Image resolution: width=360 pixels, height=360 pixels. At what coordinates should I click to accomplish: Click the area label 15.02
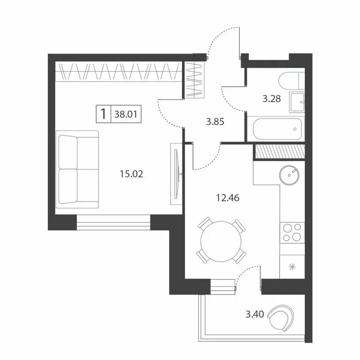click(131, 175)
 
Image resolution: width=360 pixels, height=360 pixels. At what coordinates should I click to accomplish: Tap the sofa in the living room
click(78, 169)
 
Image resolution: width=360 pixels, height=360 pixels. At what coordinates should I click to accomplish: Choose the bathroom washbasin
click(297, 101)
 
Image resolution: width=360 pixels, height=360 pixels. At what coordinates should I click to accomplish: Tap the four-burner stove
click(292, 232)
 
